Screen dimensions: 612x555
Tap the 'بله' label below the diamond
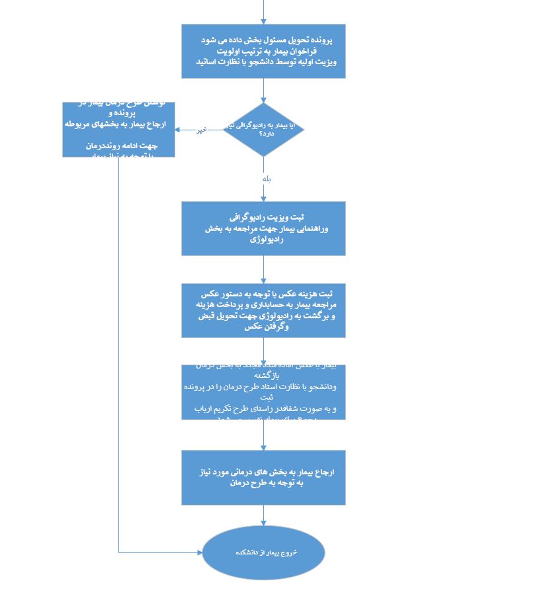[x=266, y=179]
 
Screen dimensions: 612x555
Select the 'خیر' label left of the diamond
[x=200, y=130]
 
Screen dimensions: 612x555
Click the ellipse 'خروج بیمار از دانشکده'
[x=263, y=552]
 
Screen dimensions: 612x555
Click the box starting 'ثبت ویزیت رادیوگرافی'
[x=263, y=228]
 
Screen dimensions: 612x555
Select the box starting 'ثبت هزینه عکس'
[x=263, y=310]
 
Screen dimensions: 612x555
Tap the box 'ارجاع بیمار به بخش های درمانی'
[x=263, y=478]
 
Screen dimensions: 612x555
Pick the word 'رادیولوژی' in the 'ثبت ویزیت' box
[x=267, y=240]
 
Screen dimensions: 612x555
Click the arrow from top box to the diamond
[x=263, y=91]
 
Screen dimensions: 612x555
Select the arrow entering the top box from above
[x=263, y=13]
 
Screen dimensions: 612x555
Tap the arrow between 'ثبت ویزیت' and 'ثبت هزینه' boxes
[x=263, y=269]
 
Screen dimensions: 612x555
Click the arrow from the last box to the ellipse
[x=263, y=515]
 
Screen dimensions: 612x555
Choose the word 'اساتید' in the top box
[x=212, y=62]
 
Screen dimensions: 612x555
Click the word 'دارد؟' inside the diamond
[x=257, y=134]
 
